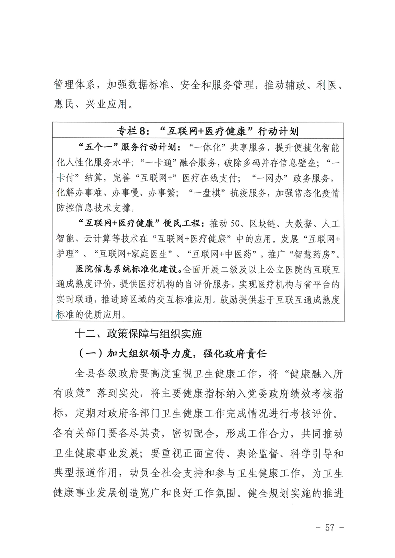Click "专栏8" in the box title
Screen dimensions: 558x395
pyautogui.click(x=132, y=132)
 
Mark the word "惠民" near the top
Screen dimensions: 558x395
pyautogui.click(x=65, y=105)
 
